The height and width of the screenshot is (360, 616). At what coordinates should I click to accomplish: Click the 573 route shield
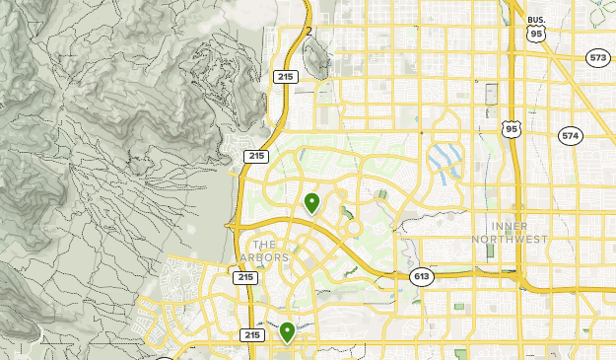(x=597, y=58)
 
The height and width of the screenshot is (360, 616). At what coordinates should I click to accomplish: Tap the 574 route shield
(x=570, y=135)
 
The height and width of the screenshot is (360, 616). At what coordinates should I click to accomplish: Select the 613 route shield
(x=422, y=277)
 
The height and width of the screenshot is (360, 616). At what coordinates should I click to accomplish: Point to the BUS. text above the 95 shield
(x=536, y=20)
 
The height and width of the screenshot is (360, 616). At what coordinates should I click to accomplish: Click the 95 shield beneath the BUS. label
(x=536, y=34)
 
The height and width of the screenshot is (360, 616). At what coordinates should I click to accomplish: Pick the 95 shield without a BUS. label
(x=511, y=129)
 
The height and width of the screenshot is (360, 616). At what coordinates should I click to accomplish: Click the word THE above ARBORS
(x=265, y=244)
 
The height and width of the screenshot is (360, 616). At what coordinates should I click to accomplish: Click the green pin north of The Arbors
(x=311, y=203)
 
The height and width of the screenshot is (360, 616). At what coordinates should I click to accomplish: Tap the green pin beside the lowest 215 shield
(x=287, y=331)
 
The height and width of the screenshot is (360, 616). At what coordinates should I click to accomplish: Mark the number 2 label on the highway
(x=309, y=32)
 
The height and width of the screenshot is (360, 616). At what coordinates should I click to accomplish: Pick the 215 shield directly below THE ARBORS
(x=245, y=278)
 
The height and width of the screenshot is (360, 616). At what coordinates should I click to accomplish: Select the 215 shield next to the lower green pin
(x=252, y=335)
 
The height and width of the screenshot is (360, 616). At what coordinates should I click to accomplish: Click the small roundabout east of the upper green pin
(x=351, y=228)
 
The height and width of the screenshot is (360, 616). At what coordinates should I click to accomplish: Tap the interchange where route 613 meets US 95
(x=518, y=274)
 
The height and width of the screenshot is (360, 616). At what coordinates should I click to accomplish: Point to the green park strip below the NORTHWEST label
(x=490, y=252)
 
